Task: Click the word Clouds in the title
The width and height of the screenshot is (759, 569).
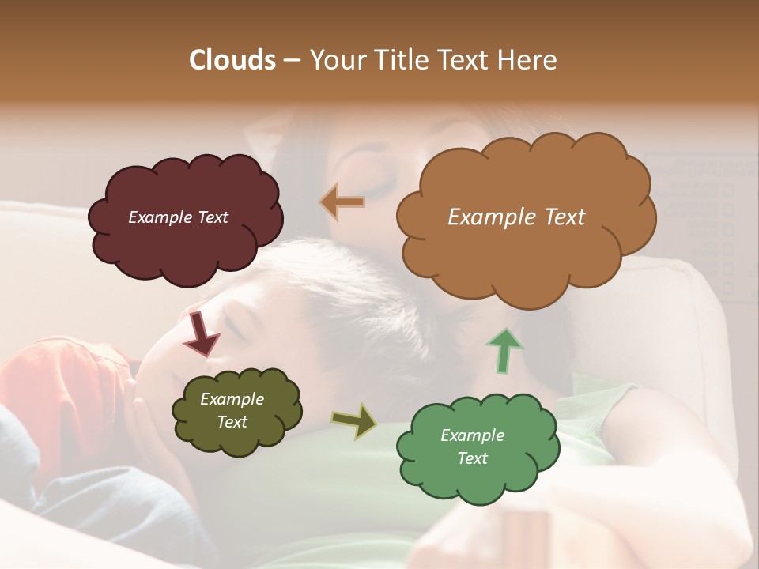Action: (232, 60)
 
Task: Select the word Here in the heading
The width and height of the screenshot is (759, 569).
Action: (525, 60)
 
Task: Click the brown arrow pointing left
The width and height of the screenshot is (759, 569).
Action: (342, 203)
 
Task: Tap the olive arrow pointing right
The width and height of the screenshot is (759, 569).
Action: (354, 420)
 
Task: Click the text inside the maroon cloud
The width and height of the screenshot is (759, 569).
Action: (178, 217)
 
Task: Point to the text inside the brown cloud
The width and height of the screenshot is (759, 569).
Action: (516, 217)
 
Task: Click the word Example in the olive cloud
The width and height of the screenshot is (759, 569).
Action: (232, 399)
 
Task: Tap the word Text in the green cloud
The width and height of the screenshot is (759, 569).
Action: (472, 458)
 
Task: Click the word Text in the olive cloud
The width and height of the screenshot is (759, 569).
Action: (232, 422)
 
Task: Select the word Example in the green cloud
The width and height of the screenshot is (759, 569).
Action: (472, 435)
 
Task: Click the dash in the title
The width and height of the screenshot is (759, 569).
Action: (291, 61)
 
